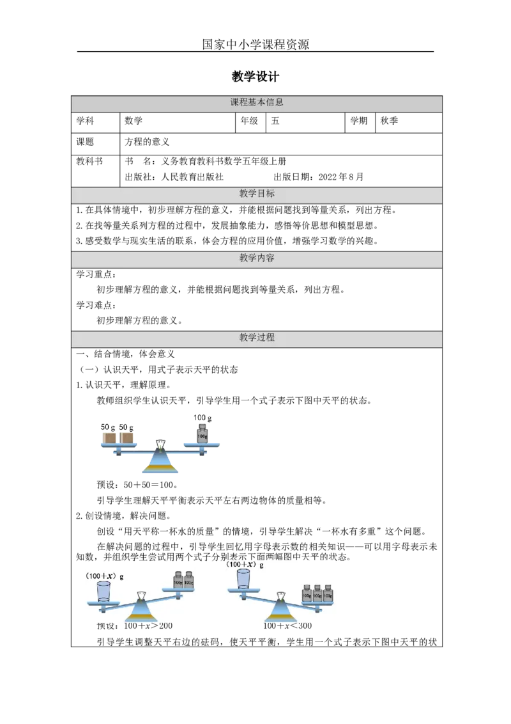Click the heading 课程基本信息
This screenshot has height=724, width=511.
coord(257,102)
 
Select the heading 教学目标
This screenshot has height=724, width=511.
coord(257,194)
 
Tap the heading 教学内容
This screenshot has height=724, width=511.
coord(257,258)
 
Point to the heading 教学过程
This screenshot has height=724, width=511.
coord(257,338)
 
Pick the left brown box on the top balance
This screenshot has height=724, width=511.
coord(111,437)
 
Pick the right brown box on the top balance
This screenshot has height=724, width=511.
coord(128,437)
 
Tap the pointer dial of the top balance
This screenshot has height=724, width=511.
coord(161,443)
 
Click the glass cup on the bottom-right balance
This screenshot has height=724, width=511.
coord(243,579)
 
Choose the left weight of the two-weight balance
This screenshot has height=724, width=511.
coord(178,581)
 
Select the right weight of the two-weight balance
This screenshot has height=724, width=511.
coord(188,581)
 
